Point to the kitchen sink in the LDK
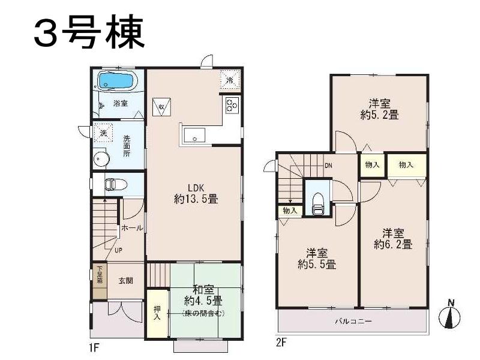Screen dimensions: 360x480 tap(193, 136)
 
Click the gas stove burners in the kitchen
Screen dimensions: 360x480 tap(232, 106)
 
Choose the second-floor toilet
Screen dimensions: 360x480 tap(318, 202)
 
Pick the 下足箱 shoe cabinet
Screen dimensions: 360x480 tap(99, 275)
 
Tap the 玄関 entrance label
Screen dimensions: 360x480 tap(125, 280)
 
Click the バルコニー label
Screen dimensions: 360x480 tap(353, 322)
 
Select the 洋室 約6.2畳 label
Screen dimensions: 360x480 tap(393, 238)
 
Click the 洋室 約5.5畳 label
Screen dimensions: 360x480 tap(317, 258)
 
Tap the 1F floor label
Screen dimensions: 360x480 tap(95, 347)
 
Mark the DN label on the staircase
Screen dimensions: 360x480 tap(328, 165)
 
